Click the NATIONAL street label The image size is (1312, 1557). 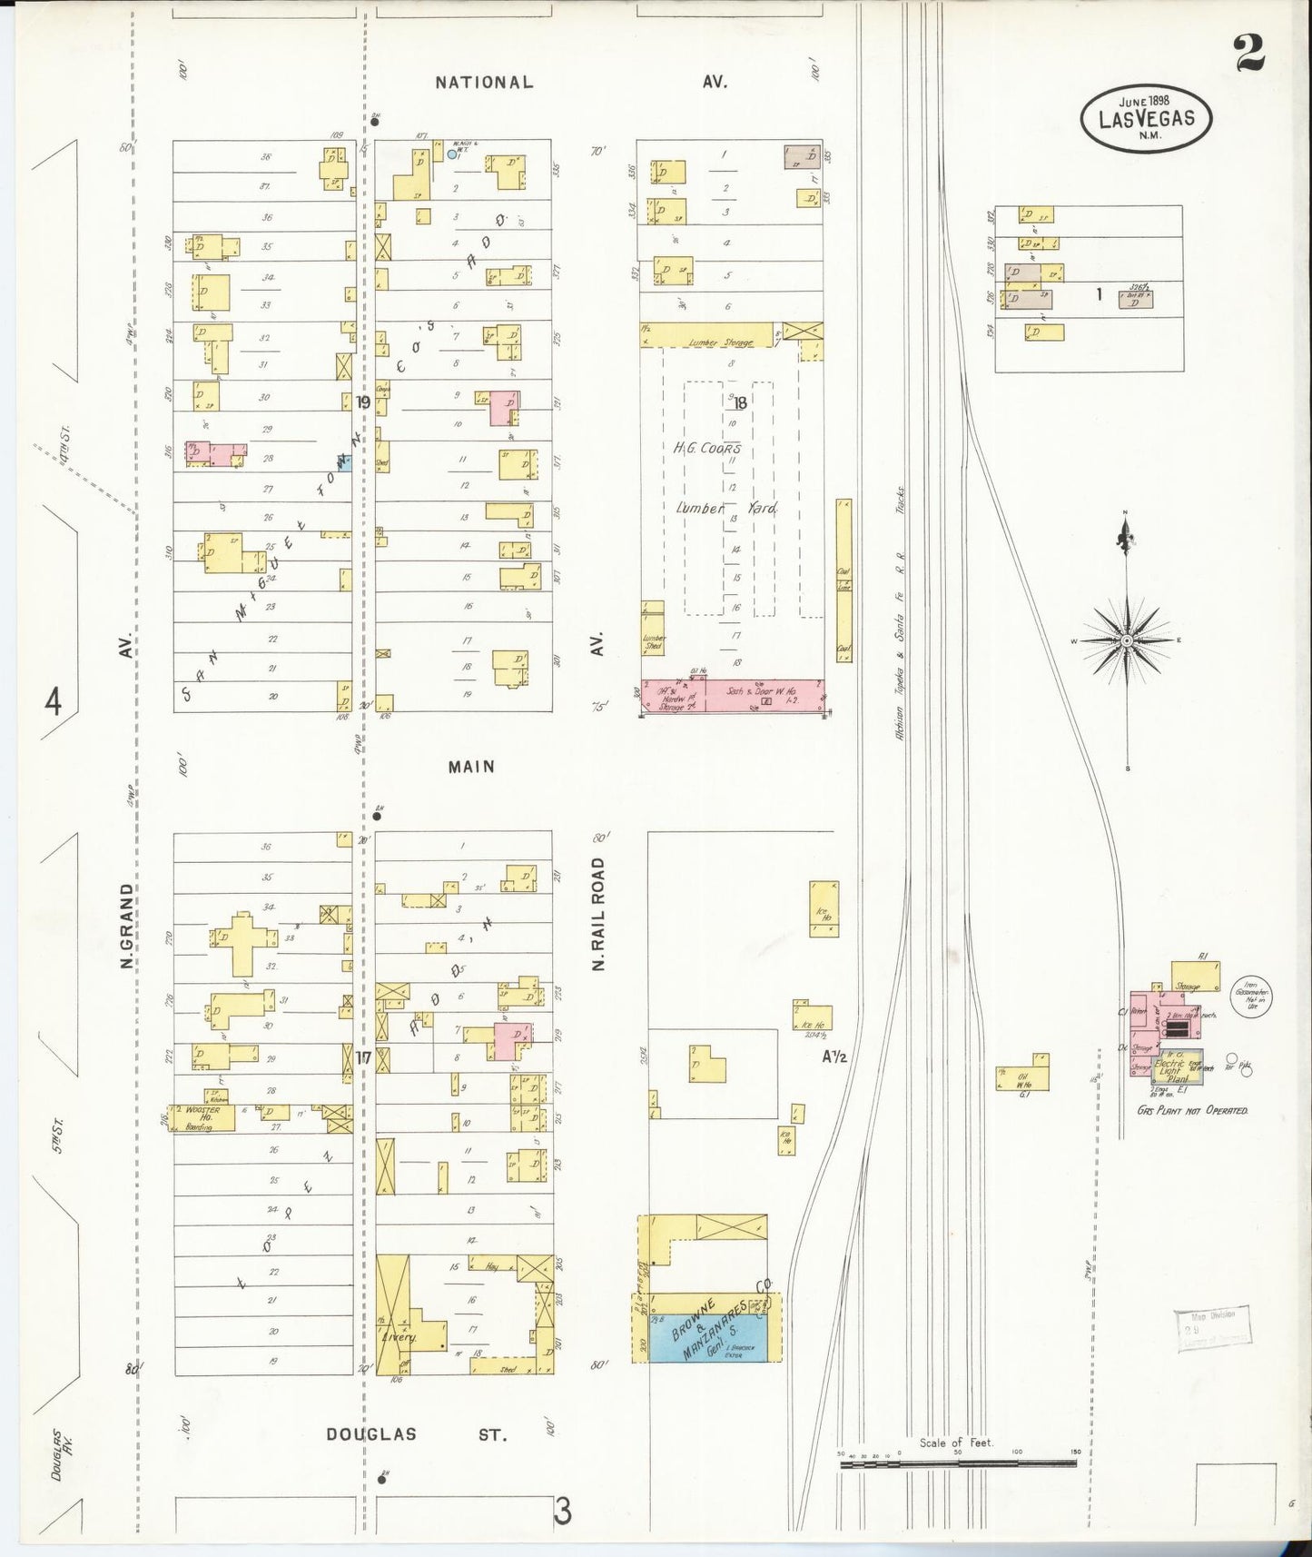(484, 83)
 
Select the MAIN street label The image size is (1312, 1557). (472, 767)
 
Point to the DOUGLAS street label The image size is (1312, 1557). (370, 1434)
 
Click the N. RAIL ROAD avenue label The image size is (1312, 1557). (597, 914)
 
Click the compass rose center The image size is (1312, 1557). (1126, 640)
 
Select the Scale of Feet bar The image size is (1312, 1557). (958, 1463)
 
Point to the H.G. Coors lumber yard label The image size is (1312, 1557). (708, 448)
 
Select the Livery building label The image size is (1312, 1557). (396, 1337)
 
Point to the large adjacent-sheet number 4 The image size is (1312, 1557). (54, 701)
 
